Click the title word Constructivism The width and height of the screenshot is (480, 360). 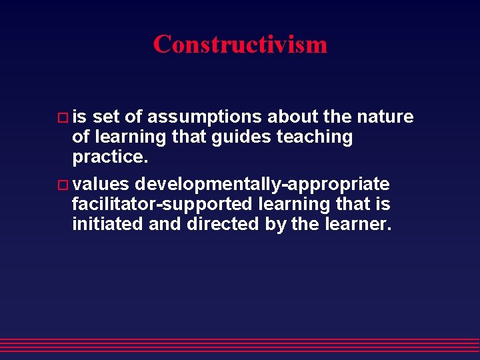click(240, 45)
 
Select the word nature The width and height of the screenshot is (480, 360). click(385, 117)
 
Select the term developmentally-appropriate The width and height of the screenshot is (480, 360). click(262, 183)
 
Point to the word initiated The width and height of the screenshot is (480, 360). click(107, 224)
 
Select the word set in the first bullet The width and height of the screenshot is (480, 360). click(107, 117)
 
